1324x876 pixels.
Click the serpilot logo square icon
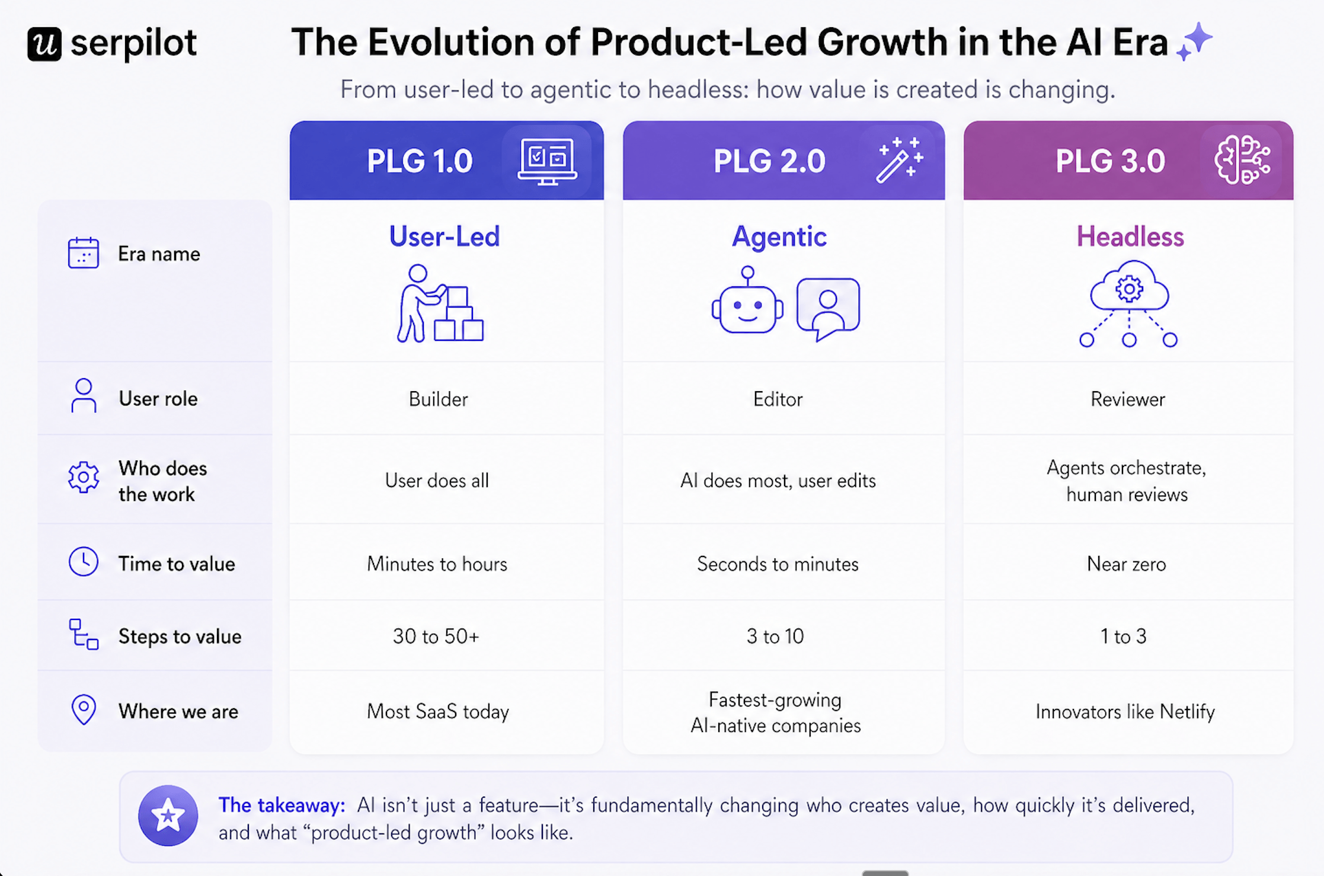(x=44, y=44)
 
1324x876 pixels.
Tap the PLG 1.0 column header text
(x=420, y=161)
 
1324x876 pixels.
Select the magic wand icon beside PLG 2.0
(x=900, y=160)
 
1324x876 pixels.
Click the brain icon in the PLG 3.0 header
(x=1242, y=160)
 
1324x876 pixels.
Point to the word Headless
(x=1130, y=236)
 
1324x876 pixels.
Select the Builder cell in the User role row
(x=438, y=399)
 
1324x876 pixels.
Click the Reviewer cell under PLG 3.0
(x=1127, y=399)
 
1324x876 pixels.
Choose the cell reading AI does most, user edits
(x=778, y=480)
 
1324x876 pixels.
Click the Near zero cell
(x=1126, y=564)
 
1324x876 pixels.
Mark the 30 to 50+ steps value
(x=436, y=636)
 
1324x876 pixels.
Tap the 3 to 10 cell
(x=775, y=636)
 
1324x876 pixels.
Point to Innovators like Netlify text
(x=1125, y=711)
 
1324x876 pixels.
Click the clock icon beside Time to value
(x=84, y=561)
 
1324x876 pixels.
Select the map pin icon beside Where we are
(x=84, y=709)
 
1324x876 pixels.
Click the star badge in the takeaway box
(x=168, y=816)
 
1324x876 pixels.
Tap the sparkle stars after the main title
(x=1194, y=41)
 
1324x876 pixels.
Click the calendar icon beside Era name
(x=83, y=253)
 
